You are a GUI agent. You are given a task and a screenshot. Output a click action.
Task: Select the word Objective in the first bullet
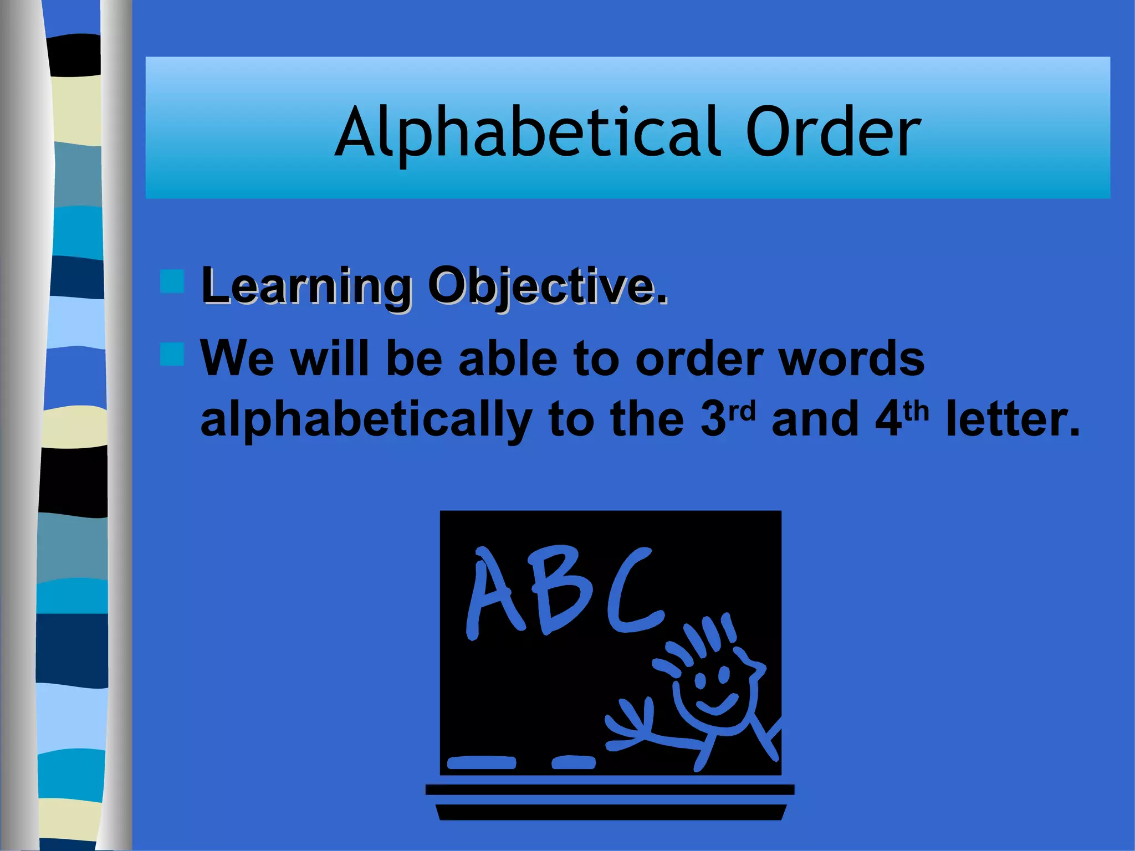(546, 286)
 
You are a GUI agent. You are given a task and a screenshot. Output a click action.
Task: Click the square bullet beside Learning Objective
(172, 281)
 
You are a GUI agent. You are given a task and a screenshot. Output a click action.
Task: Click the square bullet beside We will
(172, 355)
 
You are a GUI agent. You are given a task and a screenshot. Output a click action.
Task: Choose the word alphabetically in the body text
(366, 419)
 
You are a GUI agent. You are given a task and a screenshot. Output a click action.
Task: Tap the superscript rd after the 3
(742, 411)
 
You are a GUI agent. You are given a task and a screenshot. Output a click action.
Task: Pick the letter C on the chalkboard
(635, 590)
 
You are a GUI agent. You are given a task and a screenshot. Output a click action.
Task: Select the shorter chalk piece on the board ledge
(574, 763)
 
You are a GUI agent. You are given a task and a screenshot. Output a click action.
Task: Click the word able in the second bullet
(508, 358)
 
